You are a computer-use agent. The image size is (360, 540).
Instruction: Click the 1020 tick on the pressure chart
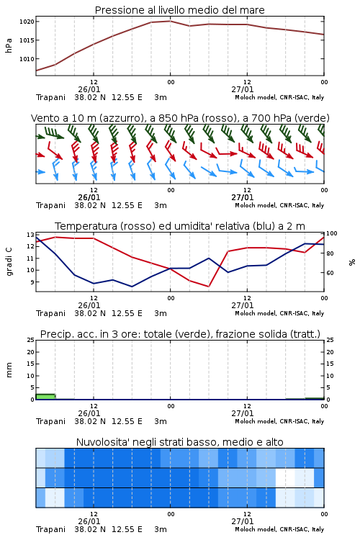point(27,22)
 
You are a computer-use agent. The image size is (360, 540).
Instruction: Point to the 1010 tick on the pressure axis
point(27,59)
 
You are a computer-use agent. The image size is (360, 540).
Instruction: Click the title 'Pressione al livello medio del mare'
point(180,10)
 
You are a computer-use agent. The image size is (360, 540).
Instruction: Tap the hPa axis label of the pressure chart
point(9,45)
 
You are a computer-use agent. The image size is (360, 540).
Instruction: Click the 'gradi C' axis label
point(9,262)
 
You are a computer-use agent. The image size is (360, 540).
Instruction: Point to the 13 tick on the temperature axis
point(30,235)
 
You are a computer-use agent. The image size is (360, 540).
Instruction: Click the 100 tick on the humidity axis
point(331,233)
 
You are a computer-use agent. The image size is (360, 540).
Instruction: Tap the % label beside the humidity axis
point(352,262)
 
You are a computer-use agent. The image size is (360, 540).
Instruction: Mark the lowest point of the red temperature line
point(208,287)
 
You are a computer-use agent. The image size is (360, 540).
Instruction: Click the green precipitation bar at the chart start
point(45,397)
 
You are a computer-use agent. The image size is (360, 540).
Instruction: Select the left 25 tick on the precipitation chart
point(31,340)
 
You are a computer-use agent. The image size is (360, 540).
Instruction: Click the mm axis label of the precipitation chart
point(9,370)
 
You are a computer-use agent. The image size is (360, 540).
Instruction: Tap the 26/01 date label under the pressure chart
point(89,89)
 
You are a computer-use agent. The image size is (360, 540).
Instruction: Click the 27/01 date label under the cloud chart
point(242,521)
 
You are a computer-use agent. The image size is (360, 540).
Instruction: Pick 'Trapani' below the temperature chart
point(50,313)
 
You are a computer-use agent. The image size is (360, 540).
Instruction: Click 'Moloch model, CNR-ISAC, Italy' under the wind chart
point(279,205)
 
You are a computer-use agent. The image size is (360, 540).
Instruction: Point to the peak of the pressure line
point(170,21)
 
